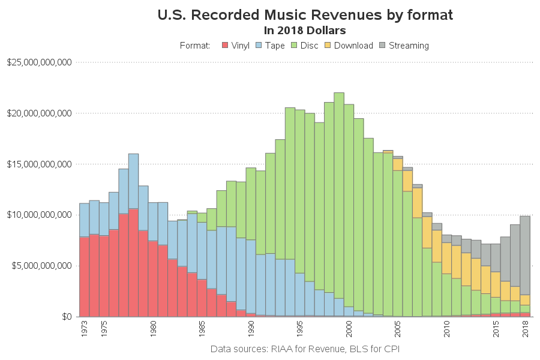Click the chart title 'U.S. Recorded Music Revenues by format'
pyautogui.click(x=305, y=14)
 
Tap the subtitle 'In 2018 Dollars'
pyautogui.click(x=305, y=29)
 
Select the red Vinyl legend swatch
pyautogui.click(x=225, y=46)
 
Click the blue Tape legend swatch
pyautogui.click(x=259, y=46)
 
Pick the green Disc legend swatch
pyautogui.click(x=295, y=46)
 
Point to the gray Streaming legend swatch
pyautogui.click(x=383, y=46)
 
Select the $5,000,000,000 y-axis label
pyautogui.click(x=41, y=266)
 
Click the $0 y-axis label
pyautogui.click(x=65, y=317)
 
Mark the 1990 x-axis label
pyautogui.click(x=251, y=329)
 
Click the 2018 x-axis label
pyautogui.click(x=526, y=329)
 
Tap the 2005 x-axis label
pyautogui.click(x=398, y=329)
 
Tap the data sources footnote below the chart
pyautogui.click(x=305, y=349)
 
